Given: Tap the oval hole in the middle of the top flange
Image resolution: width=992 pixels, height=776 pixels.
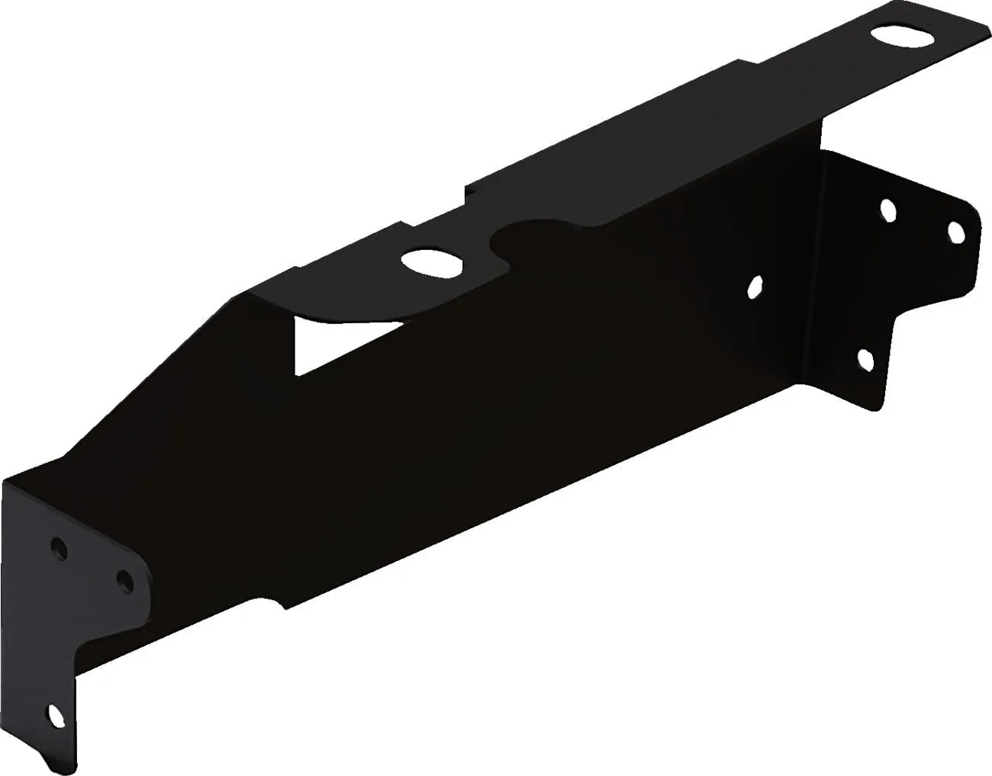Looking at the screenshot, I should pyautogui.click(x=432, y=263).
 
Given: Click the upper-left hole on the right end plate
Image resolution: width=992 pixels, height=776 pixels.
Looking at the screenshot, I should pyautogui.click(x=887, y=210).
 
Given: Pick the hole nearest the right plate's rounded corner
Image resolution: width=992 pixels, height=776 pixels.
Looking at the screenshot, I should pyautogui.click(x=954, y=232).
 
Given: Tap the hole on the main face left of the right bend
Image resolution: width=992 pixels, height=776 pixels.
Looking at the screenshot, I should pyautogui.click(x=754, y=287).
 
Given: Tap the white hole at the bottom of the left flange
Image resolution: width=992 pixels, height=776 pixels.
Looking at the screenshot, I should pyautogui.click(x=56, y=716).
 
